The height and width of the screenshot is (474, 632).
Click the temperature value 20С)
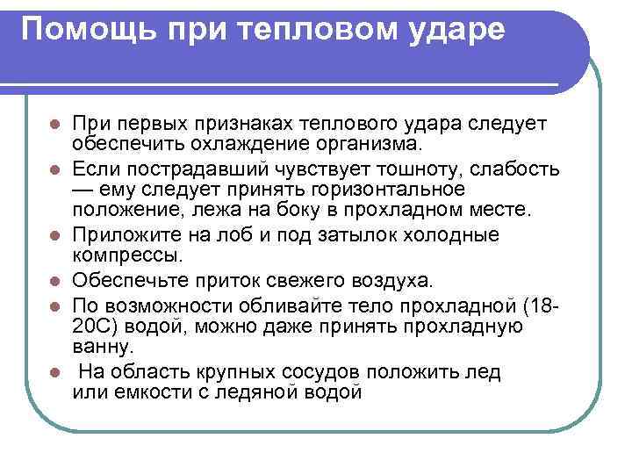click(x=97, y=327)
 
